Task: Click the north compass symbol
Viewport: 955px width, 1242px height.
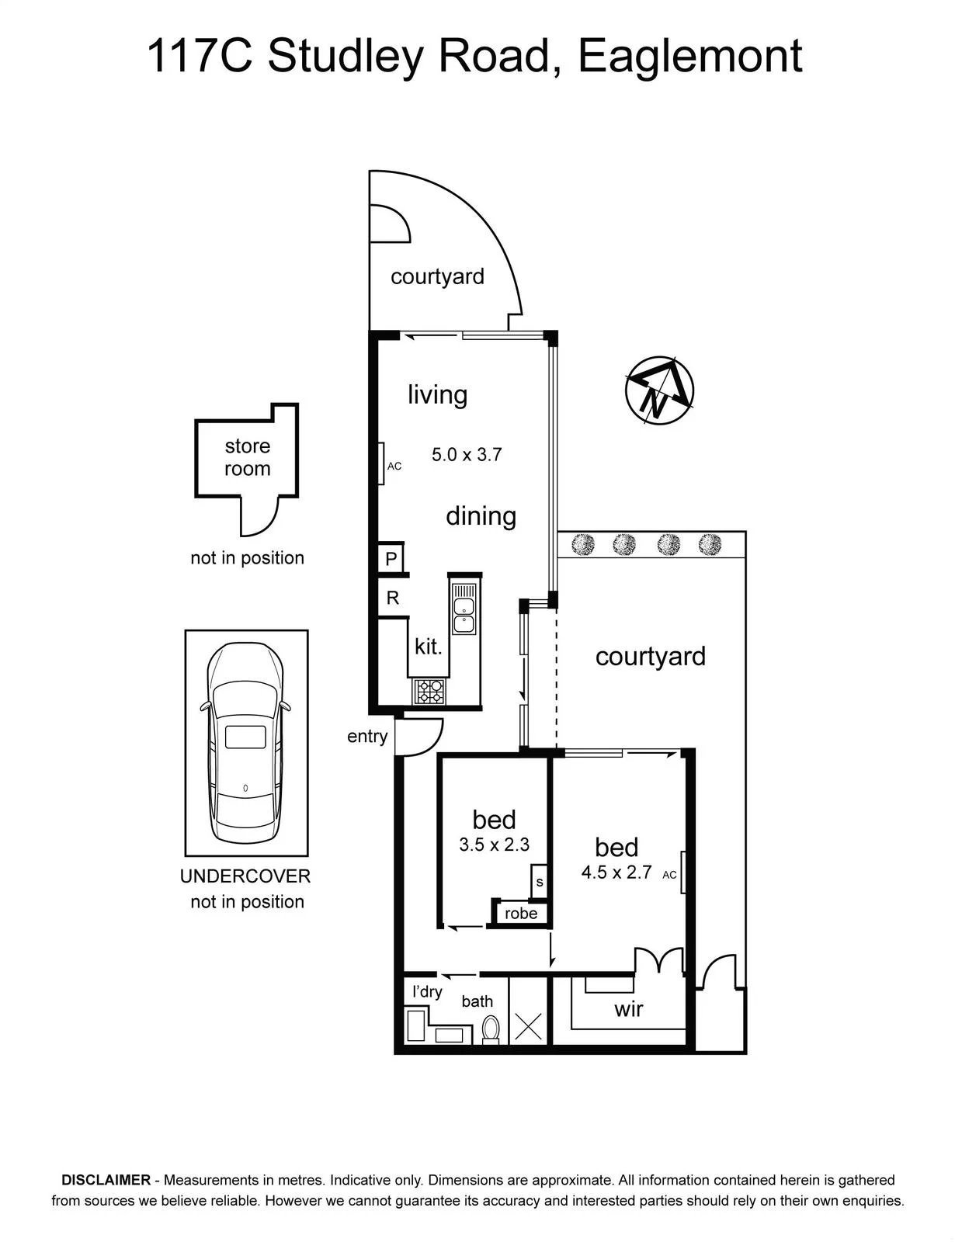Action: pyautogui.click(x=659, y=390)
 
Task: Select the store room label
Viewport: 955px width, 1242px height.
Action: pyautogui.click(x=247, y=457)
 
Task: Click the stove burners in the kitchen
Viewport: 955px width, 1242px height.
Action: pyautogui.click(x=429, y=691)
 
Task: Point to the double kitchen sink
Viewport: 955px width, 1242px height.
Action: pyautogui.click(x=464, y=608)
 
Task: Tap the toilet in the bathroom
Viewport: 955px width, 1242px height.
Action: pyautogui.click(x=491, y=1029)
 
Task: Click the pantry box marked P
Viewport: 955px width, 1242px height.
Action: pyautogui.click(x=391, y=558)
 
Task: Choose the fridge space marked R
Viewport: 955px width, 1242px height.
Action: pyautogui.click(x=393, y=598)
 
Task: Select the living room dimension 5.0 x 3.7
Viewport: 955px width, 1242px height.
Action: pyautogui.click(x=467, y=455)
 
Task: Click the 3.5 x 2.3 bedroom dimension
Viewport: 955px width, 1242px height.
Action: pyautogui.click(x=494, y=845)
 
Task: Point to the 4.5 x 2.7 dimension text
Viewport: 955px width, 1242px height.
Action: pyautogui.click(x=616, y=873)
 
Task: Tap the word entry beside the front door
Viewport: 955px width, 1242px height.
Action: pyautogui.click(x=367, y=737)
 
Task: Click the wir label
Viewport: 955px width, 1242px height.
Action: pyautogui.click(x=629, y=1009)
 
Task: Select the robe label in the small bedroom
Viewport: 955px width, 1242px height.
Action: pyautogui.click(x=521, y=914)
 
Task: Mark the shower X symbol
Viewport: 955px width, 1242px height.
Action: pyautogui.click(x=529, y=1026)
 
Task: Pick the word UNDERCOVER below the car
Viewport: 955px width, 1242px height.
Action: pyautogui.click(x=245, y=876)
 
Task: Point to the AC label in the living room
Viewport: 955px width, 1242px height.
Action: pyautogui.click(x=394, y=467)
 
